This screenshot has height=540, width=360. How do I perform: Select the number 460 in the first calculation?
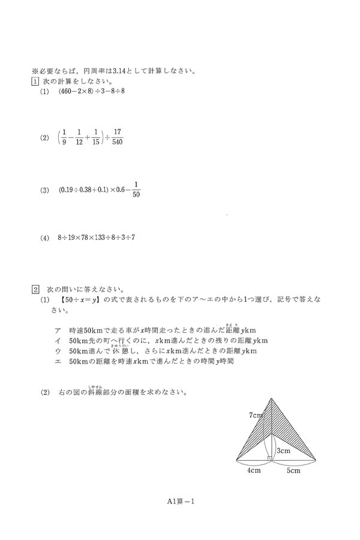coord(68,92)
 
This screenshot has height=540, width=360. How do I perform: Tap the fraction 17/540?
coord(117,137)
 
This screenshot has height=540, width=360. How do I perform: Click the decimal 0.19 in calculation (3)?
coord(68,190)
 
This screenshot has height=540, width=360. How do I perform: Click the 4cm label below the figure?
coord(254,471)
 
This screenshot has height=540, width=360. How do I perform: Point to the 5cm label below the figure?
coord(293,471)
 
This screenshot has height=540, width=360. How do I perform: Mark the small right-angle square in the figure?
coord(270,460)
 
